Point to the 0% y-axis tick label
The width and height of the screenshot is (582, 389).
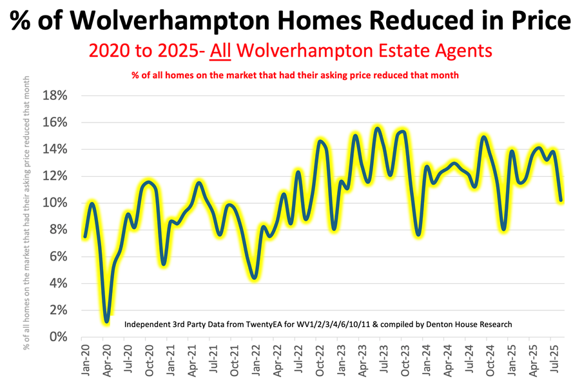tap(57, 337)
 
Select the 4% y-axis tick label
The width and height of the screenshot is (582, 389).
tap(57, 283)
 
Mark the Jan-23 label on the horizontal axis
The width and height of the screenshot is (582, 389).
tap(338, 359)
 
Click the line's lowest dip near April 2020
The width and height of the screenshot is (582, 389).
tap(106, 321)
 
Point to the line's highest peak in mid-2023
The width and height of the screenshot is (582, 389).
tap(378, 128)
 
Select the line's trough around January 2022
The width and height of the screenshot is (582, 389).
tap(255, 277)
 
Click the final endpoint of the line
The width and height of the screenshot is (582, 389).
tap(561, 200)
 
